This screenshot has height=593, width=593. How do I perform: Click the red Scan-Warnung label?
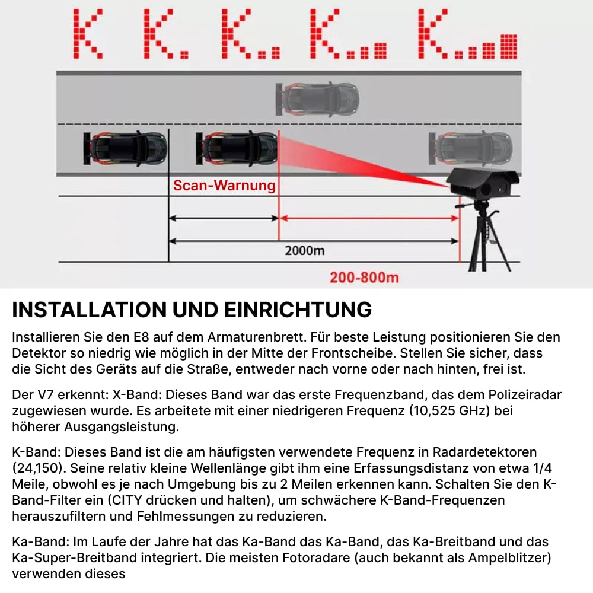[x=224, y=186]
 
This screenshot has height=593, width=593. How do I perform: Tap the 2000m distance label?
[x=304, y=250]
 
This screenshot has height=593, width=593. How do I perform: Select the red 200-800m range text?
[x=364, y=277]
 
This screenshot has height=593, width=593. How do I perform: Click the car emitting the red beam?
[x=237, y=148]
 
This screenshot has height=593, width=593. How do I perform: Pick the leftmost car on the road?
[x=125, y=148]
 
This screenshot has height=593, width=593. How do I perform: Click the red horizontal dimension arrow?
[x=369, y=218]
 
